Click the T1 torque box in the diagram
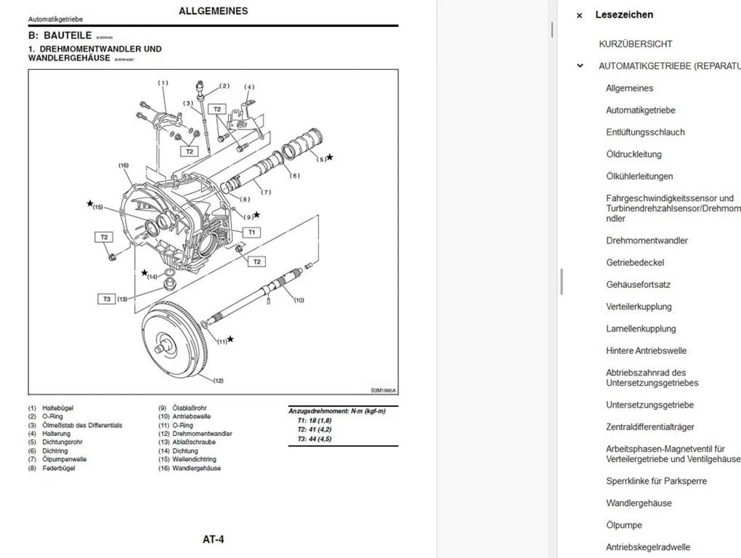point(251,232)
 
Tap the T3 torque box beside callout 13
point(107,299)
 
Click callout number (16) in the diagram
point(123,166)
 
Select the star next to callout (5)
point(329,157)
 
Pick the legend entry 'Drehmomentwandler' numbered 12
point(202,434)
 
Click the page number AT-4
point(213,539)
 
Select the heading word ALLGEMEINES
point(213,11)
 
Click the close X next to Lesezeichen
point(579,16)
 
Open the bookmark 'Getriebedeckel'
point(635,263)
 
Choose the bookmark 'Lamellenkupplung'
point(641,329)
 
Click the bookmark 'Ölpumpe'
point(624,525)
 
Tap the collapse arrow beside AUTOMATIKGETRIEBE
point(580,66)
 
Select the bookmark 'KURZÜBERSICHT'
point(635,44)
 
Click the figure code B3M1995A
point(383,390)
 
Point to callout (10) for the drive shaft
point(299,300)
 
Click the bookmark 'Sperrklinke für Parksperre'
point(656,481)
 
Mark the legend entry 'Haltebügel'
point(57,408)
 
